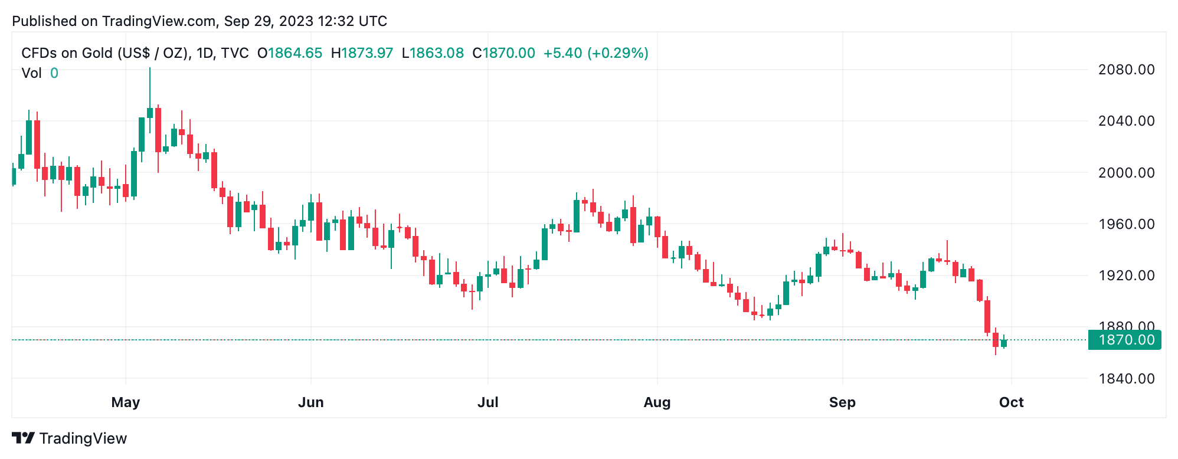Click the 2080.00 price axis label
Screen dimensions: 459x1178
point(1125,70)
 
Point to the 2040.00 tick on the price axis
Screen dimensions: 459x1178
point(1125,121)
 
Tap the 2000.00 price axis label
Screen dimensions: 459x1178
point(1125,173)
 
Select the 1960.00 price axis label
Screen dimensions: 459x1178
point(1125,224)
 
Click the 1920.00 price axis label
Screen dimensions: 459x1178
point(1125,276)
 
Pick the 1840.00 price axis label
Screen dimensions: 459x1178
point(1125,379)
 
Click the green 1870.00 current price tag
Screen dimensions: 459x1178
point(1125,340)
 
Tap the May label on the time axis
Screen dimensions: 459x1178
point(126,402)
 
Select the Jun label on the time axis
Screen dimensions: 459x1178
point(310,402)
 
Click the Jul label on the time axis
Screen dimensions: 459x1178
point(487,402)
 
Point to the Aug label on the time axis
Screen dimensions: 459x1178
point(657,402)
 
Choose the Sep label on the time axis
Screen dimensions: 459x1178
point(842,402)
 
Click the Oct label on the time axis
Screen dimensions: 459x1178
point(1011,402)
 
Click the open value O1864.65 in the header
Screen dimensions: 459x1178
point(290,53)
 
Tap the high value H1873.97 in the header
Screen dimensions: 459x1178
point(362,53)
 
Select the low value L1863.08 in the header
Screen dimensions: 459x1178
point(433,53)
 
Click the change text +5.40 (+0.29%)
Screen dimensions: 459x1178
point(595,53)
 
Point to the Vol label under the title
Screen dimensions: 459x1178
point(31,73)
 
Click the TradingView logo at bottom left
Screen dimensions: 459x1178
point(70,438)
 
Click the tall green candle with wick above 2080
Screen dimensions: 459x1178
point(150,113)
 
